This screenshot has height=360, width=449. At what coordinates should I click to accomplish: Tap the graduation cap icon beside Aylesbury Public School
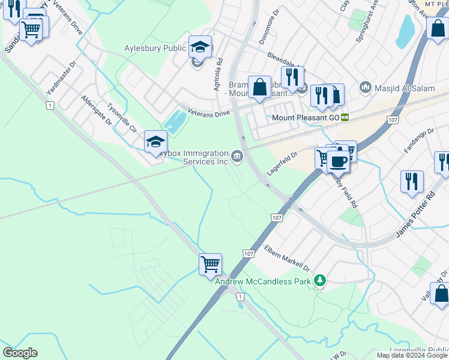[200, 46]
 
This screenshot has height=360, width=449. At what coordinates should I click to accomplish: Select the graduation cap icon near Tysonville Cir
[155, 141]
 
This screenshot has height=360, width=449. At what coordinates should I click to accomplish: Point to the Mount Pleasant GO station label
[306, 118]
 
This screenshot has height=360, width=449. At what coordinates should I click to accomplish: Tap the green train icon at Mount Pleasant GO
[345, 118]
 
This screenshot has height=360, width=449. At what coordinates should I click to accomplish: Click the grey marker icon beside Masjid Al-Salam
[366, 88]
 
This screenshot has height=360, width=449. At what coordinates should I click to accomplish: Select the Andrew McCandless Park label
[264, 281]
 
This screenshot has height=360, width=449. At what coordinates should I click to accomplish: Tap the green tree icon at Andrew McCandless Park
[321, 280]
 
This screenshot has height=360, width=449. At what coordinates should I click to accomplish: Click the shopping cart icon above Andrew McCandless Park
[211, 263]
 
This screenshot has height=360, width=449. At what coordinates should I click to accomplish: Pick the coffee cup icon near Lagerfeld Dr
[338, 161]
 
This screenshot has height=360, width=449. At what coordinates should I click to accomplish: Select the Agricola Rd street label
[218, 75]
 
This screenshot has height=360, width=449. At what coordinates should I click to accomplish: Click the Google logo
[20, 353]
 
